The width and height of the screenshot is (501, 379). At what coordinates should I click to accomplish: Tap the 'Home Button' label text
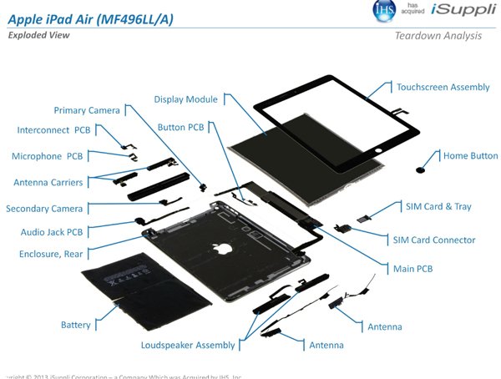[x=470, y=155]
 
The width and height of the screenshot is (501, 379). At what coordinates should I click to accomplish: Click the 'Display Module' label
[x=185, y=99]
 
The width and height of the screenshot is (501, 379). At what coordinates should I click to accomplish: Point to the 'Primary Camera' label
[x=87, y=110]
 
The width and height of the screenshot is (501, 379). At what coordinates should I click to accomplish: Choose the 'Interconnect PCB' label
[x=53, y=130]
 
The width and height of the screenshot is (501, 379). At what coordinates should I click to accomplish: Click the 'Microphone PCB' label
[x=47, y=156]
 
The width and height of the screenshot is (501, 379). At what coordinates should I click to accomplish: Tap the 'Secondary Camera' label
[x=46, y=209]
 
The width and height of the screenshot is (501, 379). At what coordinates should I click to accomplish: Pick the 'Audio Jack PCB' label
[x=52, y=232]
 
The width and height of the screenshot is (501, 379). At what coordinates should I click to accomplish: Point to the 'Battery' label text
[x=75, y=324]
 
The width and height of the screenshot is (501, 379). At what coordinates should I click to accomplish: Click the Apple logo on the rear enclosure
[x=220, y=247]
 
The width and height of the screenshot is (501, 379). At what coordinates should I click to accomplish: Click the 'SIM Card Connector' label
[x=433, y=240]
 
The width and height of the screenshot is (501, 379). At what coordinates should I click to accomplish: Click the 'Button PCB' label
[x=180, y=127]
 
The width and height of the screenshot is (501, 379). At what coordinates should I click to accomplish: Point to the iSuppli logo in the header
[x=463, y=10]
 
